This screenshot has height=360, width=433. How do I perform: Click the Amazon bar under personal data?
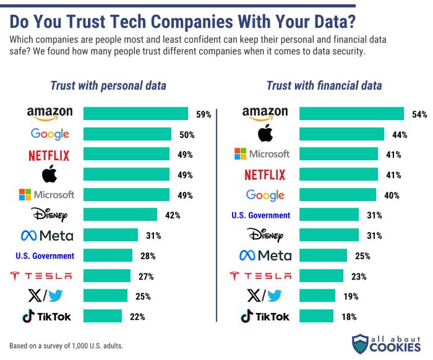click(x=135, y=114)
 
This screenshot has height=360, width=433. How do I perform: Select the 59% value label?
click(x=204, y=114)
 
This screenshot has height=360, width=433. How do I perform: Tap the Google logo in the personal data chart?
click(x=49, y=134)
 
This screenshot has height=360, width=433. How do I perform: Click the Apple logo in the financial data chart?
click(x=265, y=134)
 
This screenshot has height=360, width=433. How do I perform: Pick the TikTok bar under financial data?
click(x=316, y=317)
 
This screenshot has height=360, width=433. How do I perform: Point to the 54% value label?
click(x=419, y=114)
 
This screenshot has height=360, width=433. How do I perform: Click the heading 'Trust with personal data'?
click(x=108, y=86)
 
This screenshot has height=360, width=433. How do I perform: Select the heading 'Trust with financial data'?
click(x=324, y=86)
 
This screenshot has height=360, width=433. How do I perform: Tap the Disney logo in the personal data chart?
click(x=49, y=215)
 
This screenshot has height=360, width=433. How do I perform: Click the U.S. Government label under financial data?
click(x=260, y=215)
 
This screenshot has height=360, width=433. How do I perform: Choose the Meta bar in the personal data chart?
click(x=110, y=235)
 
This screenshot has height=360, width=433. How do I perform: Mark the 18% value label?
click(x=349, y=317)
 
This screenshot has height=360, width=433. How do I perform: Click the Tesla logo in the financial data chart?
click(x=260, y=276)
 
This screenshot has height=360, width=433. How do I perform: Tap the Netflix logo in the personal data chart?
click(x=49, y=155)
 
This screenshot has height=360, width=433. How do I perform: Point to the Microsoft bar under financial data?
click(x=338, y=154)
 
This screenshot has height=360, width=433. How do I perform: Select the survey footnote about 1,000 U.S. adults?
click(x=66, y=345)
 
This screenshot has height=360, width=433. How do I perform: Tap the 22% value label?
click(x=137, y=317)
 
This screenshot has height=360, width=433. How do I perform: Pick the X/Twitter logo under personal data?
click(x=46, y=296)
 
